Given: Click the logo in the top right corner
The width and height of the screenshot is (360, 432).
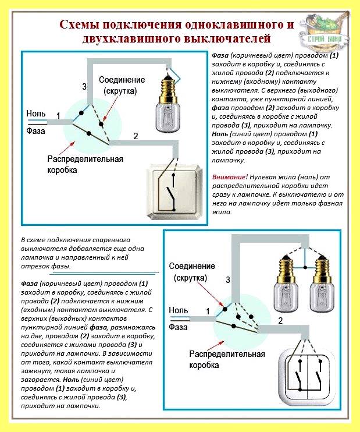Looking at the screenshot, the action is (x=324, y=30).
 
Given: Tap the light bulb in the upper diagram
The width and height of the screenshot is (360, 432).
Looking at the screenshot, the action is (x=168, y=104).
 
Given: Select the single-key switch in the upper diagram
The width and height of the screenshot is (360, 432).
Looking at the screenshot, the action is (x=176, y=191).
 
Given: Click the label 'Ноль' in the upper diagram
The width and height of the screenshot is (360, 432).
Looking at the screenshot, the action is (x=36, y=114).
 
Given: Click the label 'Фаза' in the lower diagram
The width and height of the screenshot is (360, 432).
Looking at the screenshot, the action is (x=178, y=327).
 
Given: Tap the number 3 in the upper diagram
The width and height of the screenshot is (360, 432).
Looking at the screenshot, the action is (x=84, y=87).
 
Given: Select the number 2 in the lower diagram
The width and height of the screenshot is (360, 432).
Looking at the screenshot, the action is (x=280, y=321).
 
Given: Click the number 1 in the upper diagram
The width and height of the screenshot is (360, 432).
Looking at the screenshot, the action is (x=58, y=116).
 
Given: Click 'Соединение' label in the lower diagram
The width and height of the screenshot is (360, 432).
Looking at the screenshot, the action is (x=192, y=266).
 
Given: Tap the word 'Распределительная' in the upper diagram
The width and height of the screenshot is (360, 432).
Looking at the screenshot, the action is (x=85, y=159).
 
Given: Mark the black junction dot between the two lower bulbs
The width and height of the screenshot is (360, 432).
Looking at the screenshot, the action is (x=305, y=267).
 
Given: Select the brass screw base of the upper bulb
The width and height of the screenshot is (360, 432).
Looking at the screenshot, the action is (x=168, y=88).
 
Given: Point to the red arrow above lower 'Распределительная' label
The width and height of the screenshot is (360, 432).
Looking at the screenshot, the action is (x=215, y=345).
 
